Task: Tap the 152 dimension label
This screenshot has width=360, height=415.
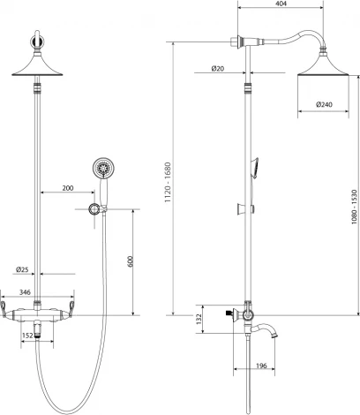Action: [x=29, y=336]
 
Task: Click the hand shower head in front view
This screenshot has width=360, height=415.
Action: [x=103, y=168]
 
